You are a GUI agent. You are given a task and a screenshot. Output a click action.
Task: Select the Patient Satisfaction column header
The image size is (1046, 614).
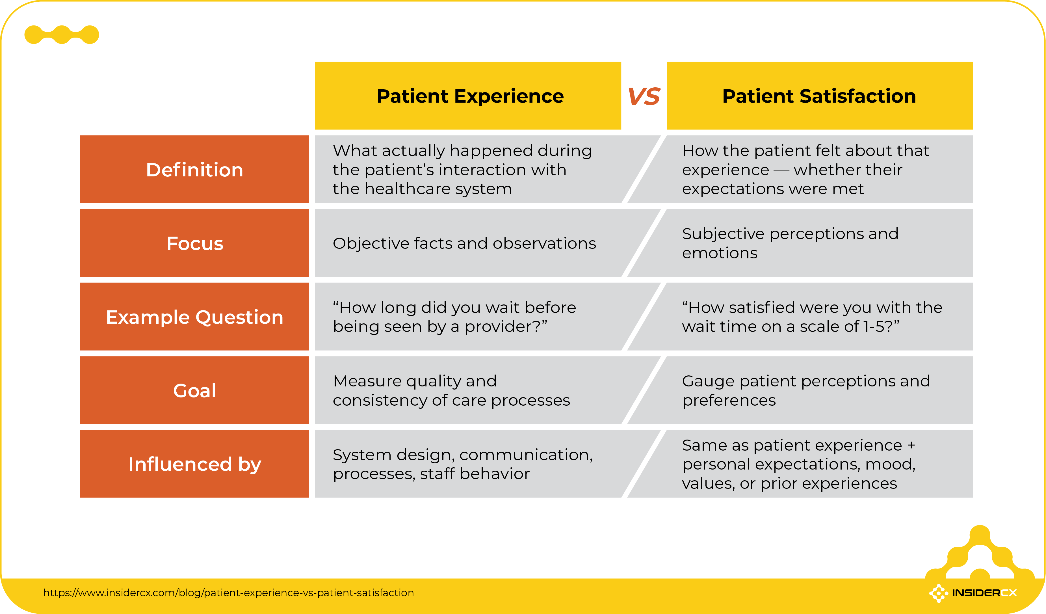pos(819,96)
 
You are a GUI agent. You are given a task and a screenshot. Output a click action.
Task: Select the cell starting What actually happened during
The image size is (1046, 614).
pos(462,169)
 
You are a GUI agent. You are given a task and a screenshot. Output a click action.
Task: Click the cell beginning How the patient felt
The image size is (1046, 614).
pos(805,169)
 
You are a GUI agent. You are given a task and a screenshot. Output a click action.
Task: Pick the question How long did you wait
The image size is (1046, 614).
pos(454,317)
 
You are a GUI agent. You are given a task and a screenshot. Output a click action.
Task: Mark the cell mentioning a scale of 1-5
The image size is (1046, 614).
pos(811,317)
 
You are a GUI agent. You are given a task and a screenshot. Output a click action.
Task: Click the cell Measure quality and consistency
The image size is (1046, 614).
pos(451,390)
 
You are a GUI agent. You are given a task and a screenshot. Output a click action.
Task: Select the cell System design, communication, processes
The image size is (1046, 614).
pos(462,464)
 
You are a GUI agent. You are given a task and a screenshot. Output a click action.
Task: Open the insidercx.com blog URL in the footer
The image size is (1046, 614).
pos(228,593)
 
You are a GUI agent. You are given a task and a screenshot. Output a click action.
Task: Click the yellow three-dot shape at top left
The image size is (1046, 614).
pos(61,34)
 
